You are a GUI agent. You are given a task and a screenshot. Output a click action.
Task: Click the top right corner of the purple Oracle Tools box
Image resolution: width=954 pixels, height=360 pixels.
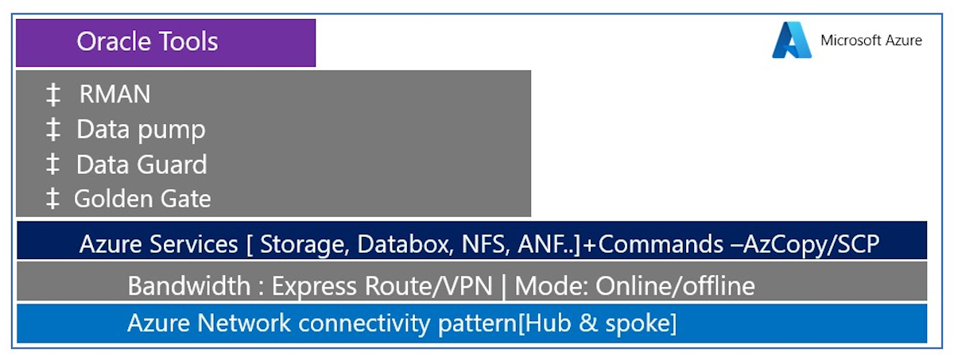tap(316, 19)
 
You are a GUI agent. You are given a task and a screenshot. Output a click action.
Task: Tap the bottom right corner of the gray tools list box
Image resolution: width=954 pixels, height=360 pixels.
tap(531, 217)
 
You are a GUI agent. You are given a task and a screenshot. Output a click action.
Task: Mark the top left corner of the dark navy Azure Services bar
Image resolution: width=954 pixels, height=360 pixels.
tap(17, 221)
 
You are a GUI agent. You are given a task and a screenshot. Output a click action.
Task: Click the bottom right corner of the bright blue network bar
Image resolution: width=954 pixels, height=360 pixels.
tap(927, 343)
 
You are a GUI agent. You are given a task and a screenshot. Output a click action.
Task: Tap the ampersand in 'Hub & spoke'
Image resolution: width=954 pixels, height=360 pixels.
tap(588, 323)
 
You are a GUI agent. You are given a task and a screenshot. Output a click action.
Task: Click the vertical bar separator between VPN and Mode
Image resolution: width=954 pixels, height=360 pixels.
tap(504, 287)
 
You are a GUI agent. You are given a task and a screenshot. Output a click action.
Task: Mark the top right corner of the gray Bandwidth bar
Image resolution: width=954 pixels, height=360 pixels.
tap(927, 262)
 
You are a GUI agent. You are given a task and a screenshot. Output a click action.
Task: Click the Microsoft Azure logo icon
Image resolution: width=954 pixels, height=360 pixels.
tap(792, 40)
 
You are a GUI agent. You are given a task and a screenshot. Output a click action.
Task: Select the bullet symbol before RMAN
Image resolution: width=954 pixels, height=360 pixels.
tap(52, 95)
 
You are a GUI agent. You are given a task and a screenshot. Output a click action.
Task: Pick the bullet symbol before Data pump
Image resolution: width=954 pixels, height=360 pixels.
tap(52, 130)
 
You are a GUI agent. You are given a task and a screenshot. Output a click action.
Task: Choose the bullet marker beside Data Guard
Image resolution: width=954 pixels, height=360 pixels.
tap(52, 165)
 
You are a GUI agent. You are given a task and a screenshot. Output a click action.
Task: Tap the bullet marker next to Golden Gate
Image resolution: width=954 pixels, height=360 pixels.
tap(52, 199)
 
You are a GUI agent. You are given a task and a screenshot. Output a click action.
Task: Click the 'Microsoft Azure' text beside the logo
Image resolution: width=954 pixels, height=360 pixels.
tap(871, 41)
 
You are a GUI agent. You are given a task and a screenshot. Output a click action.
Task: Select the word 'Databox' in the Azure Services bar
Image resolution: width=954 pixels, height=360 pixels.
tap(405, 244)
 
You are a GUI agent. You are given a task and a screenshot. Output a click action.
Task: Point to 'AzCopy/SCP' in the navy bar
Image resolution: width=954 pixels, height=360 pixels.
tap(812, 245)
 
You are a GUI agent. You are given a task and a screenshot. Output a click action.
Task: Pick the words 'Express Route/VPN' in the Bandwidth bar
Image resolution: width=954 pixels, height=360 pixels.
tap(382, 285)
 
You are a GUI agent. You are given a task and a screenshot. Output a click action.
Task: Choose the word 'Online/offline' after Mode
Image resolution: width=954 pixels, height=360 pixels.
tap(675, 285)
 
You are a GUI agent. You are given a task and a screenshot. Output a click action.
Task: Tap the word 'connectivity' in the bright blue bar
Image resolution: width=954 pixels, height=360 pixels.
tap(365, 323)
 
